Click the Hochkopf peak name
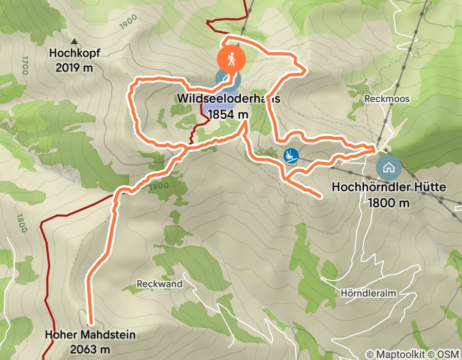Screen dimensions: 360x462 point(75,53)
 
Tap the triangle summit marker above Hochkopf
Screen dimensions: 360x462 point(74,41)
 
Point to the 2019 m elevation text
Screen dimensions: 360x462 point(75,67)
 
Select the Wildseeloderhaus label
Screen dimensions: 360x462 point(228,98)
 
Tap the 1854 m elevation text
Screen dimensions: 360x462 point(228,114)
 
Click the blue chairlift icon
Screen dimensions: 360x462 point(291,154)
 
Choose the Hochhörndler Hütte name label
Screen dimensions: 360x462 point(388,187)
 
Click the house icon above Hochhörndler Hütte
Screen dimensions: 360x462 point(388,167)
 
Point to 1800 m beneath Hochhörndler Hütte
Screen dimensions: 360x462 point(388,203)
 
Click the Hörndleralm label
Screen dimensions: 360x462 point(367,293)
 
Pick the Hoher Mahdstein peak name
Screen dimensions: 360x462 point(90,335)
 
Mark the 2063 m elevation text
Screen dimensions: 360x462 point(91,349)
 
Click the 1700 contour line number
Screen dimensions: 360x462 point(24,66)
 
